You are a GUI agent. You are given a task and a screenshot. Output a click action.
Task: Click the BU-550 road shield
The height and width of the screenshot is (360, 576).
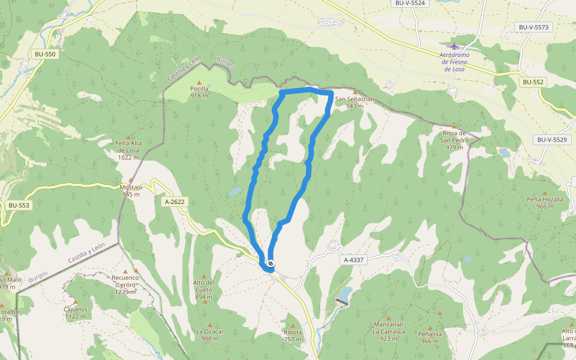click(45, 55)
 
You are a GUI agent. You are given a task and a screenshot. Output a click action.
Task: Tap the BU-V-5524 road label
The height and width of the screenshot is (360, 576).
click(410, 3)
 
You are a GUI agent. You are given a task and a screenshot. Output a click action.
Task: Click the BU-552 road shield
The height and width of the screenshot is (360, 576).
click(532, 82)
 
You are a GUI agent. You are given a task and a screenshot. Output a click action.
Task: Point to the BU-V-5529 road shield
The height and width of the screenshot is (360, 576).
click(551, 140)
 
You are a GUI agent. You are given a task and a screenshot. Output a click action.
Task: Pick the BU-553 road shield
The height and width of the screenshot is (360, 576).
click(19, 205)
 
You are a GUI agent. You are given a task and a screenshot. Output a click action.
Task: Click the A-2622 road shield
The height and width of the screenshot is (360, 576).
click(174, 202)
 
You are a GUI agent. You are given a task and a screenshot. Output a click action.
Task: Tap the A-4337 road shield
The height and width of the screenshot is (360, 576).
click(355, 260)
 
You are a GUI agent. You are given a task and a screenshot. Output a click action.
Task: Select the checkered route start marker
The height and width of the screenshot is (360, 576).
click(271, 263)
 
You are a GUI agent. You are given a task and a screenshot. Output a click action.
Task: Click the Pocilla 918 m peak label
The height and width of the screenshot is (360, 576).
click(199, 92)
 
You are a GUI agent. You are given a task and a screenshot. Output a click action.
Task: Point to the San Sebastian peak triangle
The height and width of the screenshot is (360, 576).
click(355, 92)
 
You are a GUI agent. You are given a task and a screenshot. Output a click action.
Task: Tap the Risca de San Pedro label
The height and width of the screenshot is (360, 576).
click(454, 140)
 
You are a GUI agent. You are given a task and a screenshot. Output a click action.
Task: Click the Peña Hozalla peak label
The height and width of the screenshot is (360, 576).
click(545, 203)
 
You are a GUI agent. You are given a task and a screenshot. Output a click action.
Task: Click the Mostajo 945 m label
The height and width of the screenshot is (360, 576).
click(131, 190)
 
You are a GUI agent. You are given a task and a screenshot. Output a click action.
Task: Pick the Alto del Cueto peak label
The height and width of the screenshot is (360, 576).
click(204, 286)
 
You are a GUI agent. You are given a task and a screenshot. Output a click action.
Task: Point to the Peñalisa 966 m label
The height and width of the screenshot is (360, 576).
click(430, 338)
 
